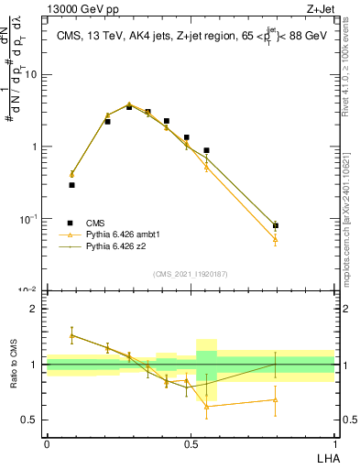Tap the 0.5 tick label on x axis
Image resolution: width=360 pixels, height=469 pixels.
[x=191, y=443]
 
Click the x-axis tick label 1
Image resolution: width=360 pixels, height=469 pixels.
[x=334, y=443]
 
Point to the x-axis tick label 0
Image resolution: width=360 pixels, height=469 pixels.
[x=47, y=443]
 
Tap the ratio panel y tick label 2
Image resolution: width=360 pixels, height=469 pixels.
[x=34, y=309]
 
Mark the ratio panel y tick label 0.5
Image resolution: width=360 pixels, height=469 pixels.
[x=30, y=420]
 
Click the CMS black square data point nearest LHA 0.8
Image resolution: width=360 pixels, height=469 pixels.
[x=276, y=225]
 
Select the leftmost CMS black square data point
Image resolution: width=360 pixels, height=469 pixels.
[x=71, y=185]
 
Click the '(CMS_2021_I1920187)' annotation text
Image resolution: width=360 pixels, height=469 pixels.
[x=191, y=273]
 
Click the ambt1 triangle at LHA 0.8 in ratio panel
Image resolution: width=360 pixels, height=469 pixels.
[x=276, y=399]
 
